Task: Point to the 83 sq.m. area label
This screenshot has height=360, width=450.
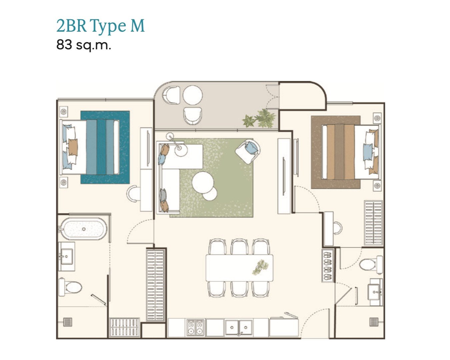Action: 83,45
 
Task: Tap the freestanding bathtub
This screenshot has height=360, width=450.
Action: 83,229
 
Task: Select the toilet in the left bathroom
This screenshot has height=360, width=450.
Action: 70,287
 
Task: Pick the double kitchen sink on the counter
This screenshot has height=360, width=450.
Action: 239,327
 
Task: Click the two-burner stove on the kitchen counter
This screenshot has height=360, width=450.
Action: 195,328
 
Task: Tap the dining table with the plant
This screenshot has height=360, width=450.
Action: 239,268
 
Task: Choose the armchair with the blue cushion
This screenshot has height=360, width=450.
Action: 248,151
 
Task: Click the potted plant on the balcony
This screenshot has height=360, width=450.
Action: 260,119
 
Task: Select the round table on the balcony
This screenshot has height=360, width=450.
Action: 193,95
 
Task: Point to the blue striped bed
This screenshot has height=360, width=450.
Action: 90,147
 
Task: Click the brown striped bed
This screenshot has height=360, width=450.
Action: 351,152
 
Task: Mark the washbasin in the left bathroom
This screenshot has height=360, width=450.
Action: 66,256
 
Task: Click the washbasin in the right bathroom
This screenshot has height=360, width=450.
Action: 376,292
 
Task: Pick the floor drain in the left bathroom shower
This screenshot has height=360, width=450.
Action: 67,322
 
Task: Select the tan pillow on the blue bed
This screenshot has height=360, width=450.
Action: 73,147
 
